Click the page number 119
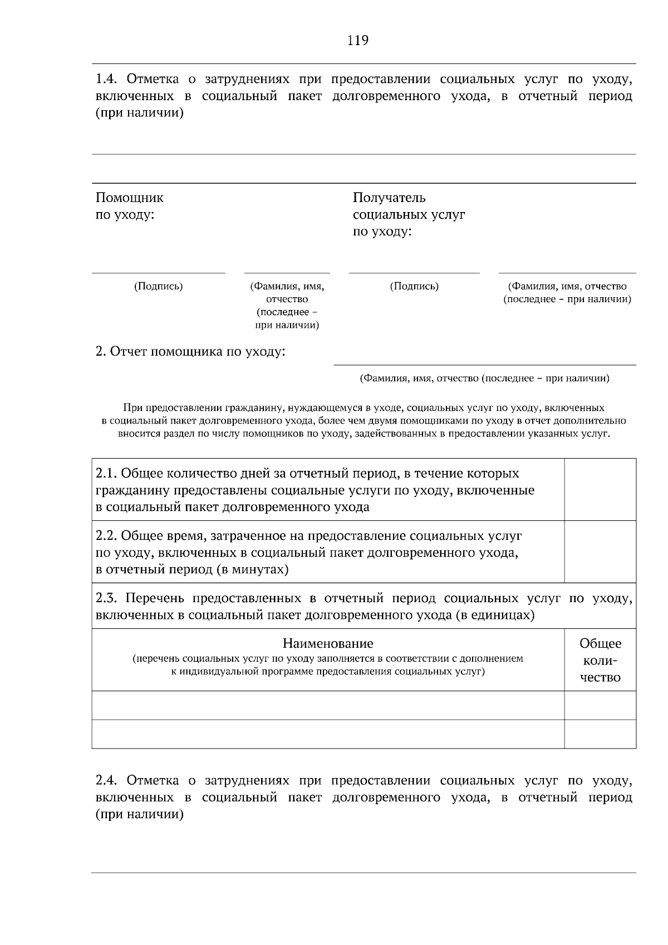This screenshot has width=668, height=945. (358, 41)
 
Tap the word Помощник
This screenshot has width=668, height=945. (130, 198)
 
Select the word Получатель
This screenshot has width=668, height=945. (389, 198)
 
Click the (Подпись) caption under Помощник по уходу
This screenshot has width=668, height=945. (159, 287)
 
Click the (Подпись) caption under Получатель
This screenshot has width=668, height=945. (414, 287)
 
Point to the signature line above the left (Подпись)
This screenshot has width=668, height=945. (159, 273)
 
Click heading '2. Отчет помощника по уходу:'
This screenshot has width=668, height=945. (190, 352)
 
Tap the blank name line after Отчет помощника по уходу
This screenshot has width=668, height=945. (484, 365)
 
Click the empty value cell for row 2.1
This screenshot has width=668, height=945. (600, 490)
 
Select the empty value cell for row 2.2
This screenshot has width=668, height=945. (600, 552)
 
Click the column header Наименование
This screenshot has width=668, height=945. (328, 644)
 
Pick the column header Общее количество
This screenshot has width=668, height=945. (600, 661)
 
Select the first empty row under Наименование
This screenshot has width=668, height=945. (328, 706)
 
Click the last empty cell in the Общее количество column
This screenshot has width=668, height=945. (600, 734)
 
